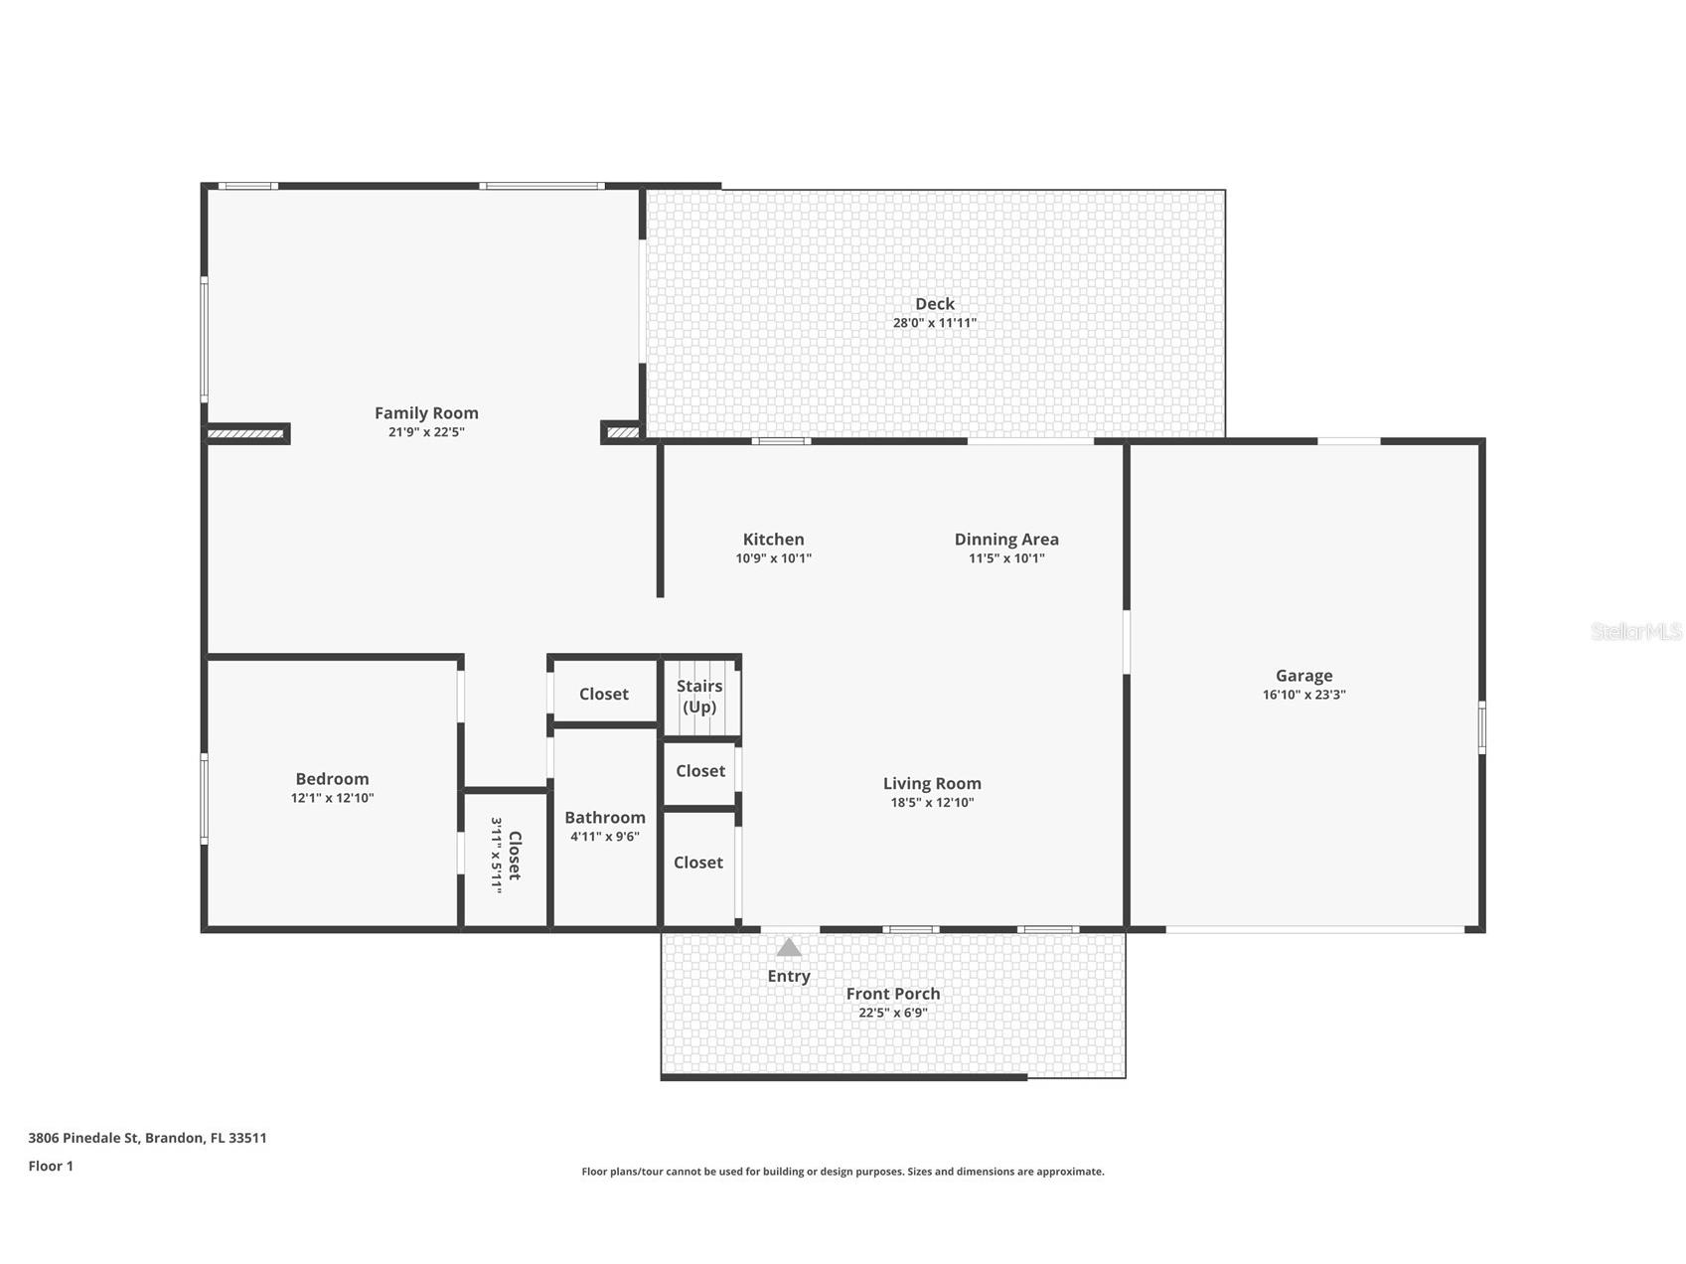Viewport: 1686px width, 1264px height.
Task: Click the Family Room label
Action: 426,413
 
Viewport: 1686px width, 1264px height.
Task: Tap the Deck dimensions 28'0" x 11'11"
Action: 934,323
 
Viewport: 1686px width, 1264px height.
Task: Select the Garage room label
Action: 1303,676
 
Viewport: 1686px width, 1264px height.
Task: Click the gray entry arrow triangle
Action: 789,947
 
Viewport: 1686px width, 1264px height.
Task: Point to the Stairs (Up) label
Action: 699,696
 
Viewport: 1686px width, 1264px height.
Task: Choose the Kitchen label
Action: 773,540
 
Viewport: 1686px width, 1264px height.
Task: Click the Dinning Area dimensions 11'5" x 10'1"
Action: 1006,558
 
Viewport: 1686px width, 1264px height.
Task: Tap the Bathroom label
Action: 604,818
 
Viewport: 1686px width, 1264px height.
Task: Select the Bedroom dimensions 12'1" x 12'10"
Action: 332,798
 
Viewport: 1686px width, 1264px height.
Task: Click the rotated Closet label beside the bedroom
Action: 514,856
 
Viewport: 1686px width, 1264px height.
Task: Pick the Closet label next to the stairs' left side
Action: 603,694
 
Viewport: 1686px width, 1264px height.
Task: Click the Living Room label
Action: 932,784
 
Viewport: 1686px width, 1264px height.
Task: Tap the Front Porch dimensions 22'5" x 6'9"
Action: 892,1013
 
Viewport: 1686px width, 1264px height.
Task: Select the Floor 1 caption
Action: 51,1166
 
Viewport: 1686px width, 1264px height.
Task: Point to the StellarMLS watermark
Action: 1635,631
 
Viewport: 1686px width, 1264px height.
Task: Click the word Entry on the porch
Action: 789,976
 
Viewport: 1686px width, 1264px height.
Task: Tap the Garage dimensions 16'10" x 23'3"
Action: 1303,695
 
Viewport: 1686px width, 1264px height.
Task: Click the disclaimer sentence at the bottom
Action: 843,1172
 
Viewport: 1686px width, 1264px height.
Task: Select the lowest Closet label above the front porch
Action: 697,863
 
